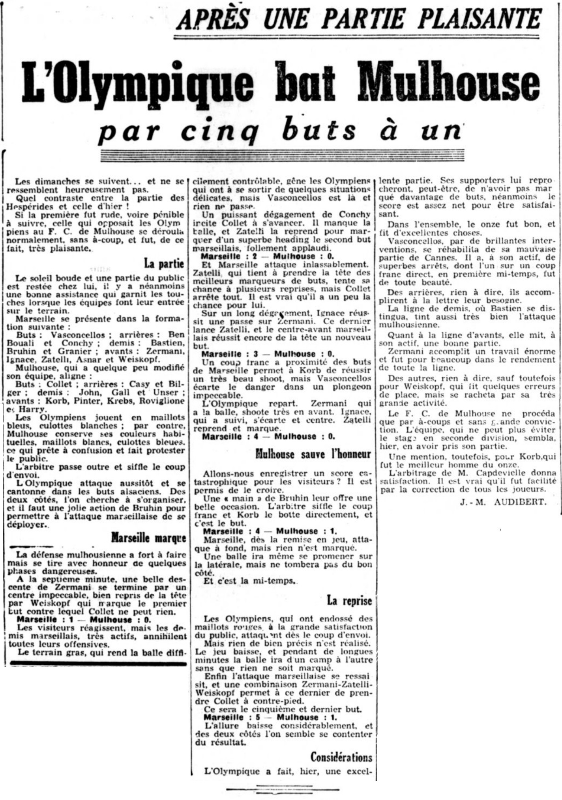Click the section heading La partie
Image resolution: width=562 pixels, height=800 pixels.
coord(164,263)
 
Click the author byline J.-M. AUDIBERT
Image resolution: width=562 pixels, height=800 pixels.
coord(503,502)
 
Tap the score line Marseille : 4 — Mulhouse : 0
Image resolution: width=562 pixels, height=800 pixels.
coord(268,436)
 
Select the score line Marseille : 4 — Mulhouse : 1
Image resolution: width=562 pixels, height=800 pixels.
coord(270,531)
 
